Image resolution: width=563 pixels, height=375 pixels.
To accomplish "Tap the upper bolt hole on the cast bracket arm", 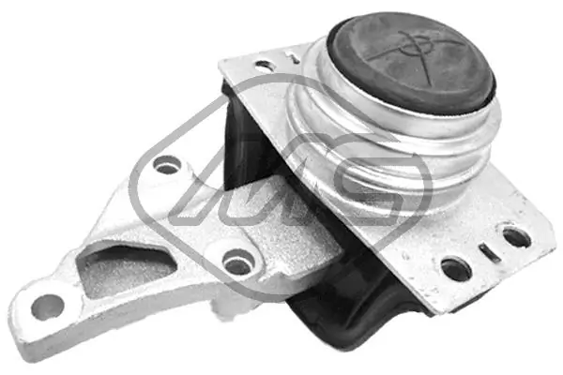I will coord(167,166).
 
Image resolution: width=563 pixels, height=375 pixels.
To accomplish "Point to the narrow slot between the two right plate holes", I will coord(486,252).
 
